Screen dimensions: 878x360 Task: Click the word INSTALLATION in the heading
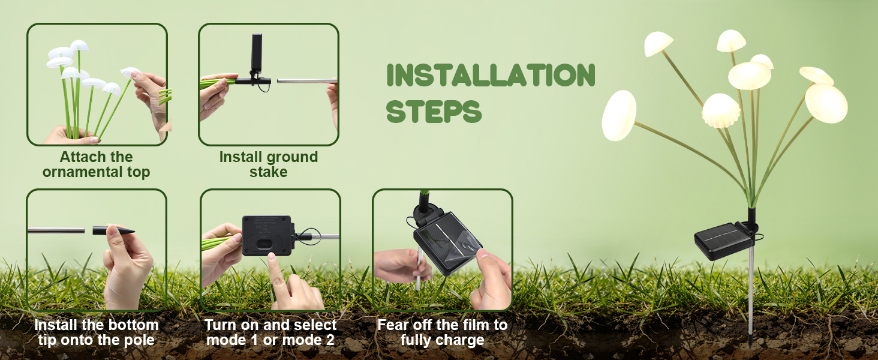(491, 74)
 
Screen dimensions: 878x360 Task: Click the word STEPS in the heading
(434, 112)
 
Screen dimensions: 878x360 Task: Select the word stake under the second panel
(269, 172)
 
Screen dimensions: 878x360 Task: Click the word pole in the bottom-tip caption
(139, 340)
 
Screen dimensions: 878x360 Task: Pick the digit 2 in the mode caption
(330, 340)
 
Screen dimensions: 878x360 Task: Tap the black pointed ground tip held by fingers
(113, 230)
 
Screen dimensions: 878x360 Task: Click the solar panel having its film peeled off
(447, 243)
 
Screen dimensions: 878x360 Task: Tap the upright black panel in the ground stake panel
(256, 52)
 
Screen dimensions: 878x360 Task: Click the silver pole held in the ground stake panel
(307, 81)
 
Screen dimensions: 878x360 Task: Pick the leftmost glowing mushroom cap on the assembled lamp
(620, 115)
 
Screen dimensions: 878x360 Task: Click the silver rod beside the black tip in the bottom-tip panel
(56, 230)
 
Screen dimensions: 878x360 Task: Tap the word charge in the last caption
(462, 340)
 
